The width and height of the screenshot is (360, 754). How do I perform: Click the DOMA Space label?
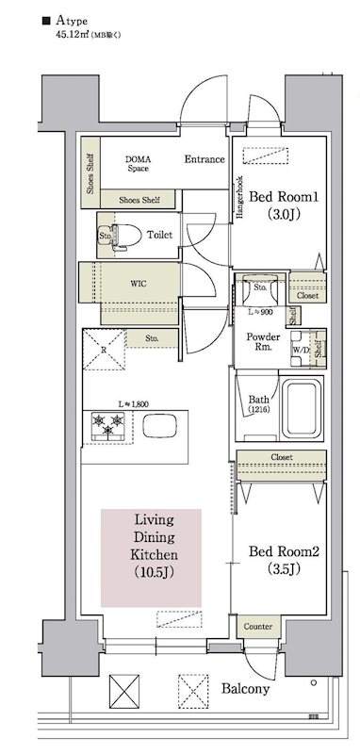(x=139, y=165)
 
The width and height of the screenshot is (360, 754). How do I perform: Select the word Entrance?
(x=205, y=159)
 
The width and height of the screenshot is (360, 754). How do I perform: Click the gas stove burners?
(x=106, y=426)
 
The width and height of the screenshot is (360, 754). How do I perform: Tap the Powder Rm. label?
(x=261, y=342)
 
